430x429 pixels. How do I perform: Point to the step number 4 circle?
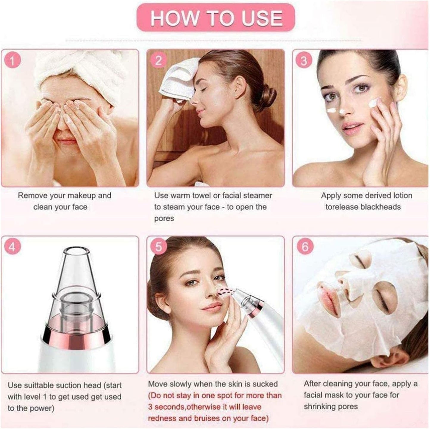click(x=12, y=247)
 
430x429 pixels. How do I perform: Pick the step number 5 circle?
click(x=158, y=247)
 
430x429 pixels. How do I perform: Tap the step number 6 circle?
click(x=305, y=247)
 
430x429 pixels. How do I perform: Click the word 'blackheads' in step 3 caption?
click(x=381, y=207)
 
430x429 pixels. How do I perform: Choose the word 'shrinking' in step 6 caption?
click(x=321, y=406)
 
